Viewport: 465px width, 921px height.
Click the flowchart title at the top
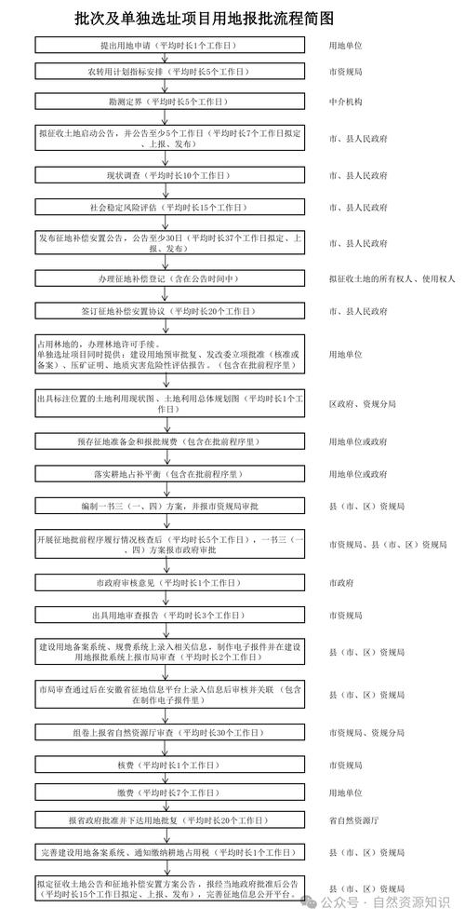coord(204,18)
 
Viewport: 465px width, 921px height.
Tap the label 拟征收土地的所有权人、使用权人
coord(392,278)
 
